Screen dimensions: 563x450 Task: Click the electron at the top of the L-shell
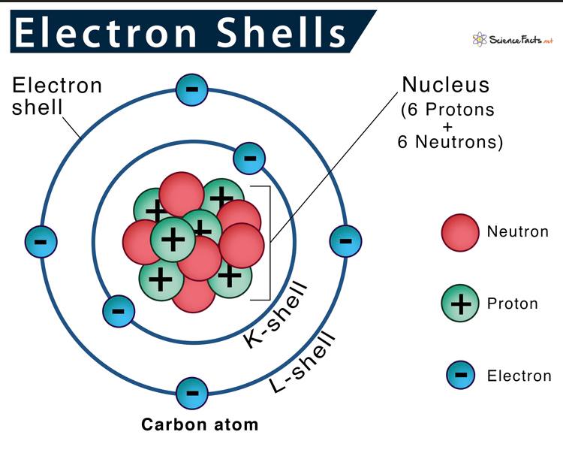191,89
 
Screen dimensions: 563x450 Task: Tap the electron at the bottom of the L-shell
191,393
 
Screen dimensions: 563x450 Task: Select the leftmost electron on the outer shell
41,242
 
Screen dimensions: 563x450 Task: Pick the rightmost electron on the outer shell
345,241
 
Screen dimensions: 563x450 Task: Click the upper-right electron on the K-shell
249,159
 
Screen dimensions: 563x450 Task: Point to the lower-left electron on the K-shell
119,311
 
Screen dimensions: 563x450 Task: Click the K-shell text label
275,316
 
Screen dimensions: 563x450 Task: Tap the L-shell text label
303,362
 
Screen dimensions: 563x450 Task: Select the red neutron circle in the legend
460,233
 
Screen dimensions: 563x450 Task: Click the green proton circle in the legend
460,304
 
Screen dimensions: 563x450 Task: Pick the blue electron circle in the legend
460,375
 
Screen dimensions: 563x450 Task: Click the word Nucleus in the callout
446,85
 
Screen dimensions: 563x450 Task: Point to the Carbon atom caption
200,424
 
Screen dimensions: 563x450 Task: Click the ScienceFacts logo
513,39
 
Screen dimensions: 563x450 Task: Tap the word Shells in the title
281,32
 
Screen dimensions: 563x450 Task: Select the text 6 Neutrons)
450,142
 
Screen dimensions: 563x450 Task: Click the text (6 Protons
447,110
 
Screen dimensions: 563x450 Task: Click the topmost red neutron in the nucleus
182,194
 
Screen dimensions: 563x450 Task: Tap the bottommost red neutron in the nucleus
194,293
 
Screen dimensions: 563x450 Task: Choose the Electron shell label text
57,96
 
